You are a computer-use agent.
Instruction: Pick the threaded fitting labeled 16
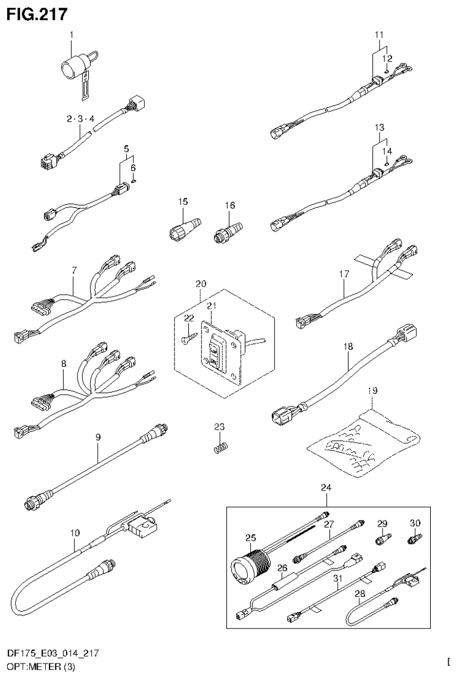point(228,229)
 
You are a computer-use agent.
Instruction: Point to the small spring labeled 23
point(220,446)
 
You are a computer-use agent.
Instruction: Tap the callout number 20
point(200,284)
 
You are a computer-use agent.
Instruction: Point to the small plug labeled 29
point(382,539)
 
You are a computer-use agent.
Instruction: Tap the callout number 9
point(97,437)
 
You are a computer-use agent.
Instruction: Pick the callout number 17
point(344,274)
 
